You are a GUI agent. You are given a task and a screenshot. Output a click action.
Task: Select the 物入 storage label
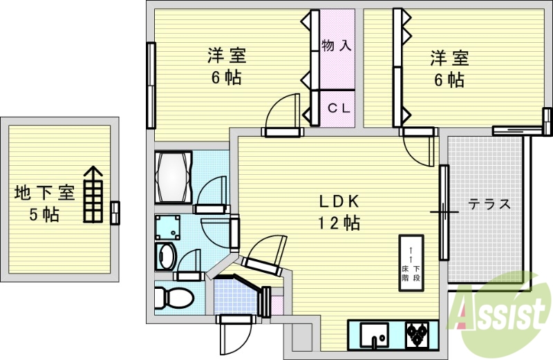click(x=337, y=46)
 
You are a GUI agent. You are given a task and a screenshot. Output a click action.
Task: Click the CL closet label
click(x=337, y=108)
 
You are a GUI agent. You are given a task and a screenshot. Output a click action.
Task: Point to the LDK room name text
click(x=338, y=202)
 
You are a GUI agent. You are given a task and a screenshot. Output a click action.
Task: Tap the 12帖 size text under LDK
click(x=338, y=223)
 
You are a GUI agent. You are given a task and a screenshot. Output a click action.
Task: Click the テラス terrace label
click(x=489, y=205)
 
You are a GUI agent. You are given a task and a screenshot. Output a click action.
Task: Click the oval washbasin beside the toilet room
click(x=167, y=256)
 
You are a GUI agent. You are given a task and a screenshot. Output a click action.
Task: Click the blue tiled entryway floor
click(x=235, y=297)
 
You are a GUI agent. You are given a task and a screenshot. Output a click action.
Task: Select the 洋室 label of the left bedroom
click(x=227, y=55)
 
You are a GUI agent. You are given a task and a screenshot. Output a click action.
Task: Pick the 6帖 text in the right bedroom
click(x=449, y=79)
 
